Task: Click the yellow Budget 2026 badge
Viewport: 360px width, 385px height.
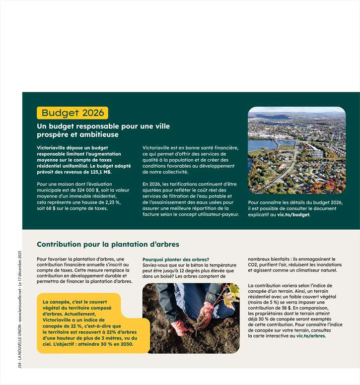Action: pyautogui.click(x=72, y=113)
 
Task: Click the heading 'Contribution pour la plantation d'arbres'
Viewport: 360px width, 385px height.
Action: pyautogui.click(x=108, y=244)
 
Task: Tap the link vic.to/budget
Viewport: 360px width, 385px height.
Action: pyautogui.click(x=293, y=215)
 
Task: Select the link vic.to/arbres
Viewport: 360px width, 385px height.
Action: pyautogui.click(x=311, y=336)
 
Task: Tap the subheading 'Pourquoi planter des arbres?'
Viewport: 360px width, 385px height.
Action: pyautogui.click(x=176, y=259)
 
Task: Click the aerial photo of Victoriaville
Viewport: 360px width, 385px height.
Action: pyautogui.click(x=296, y=150)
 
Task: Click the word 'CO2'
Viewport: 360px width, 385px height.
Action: pyautogui.click(x=254, y=265)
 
